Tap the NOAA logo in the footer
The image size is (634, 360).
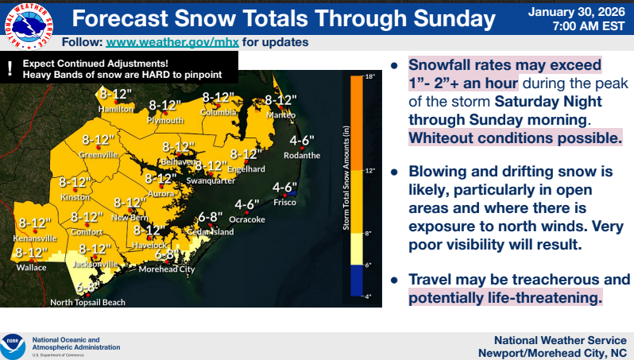pos(15,346)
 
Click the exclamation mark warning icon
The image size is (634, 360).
pos(10,68)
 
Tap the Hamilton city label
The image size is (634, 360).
pos(116,108)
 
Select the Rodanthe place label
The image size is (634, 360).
pos(304,155)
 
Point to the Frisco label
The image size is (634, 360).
pos(284,203)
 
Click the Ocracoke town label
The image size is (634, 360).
pos(246,219)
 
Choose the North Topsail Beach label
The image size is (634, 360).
pos(87,302)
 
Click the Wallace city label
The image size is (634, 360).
pos(31,268)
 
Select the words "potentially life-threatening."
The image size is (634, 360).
pos(505,297)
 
